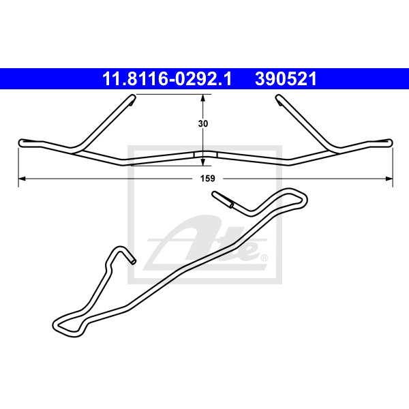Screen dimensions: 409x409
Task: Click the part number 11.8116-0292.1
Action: click(x=167, y=79)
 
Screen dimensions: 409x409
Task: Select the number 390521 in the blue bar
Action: click(x=286, y=79)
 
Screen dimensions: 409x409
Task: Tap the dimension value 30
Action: click(x=203, y=123)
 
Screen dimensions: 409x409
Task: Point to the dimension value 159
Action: click(x=208, y=179)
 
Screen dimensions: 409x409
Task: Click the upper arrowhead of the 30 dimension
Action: click(x=203, y=97)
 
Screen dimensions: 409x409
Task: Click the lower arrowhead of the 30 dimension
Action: click(x=203, y=162)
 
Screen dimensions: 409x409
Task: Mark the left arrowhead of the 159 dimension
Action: click(x=22, y=179)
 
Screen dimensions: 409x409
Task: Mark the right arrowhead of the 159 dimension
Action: click(x=389, y=179)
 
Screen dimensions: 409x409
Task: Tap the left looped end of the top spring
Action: click(x=22, y=143)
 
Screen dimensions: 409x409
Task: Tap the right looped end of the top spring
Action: click(x=389, y=143)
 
